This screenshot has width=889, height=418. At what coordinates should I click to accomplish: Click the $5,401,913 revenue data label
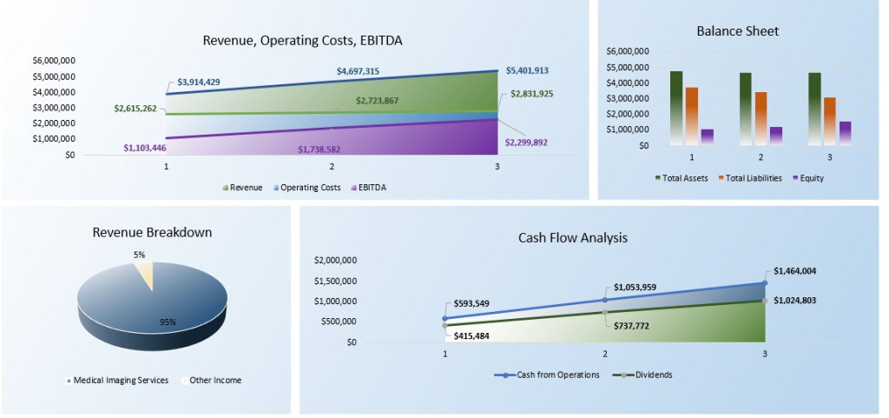coord(527,71)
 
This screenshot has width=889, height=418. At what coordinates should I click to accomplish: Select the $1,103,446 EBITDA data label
coord(145,149)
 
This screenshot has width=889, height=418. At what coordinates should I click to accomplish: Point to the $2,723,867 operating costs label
coord(377,101)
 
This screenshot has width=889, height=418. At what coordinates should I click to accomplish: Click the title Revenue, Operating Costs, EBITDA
coord(302,40)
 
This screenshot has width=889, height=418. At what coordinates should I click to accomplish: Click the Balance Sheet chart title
coord(737,31)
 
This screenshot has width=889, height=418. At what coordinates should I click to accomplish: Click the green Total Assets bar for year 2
coord(745,108)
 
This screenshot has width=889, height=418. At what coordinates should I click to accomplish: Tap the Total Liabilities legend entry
coord(749,178)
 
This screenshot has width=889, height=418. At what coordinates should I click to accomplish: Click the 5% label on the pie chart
coord(139,255)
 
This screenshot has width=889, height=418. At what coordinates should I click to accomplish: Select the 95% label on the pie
coord(168,322)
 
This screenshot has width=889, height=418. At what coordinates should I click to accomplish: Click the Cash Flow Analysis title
coord(572,237)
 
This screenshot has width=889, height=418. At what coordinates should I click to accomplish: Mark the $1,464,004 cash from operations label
coord(797,271)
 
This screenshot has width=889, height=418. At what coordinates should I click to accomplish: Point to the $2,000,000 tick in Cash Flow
coord(335,260)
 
